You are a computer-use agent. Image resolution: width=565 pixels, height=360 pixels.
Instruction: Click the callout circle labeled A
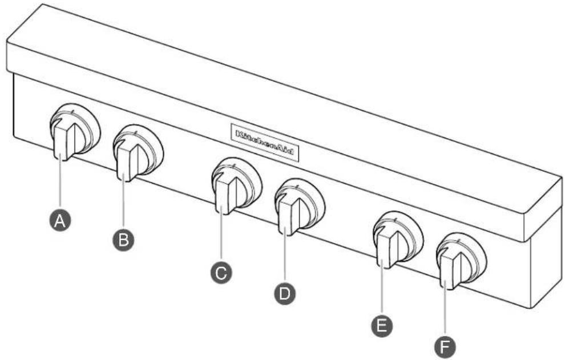click(60, 221)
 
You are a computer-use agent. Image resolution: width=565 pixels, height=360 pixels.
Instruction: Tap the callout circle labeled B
click(123, 240)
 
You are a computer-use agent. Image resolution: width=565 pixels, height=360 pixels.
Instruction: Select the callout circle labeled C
click(221, 273)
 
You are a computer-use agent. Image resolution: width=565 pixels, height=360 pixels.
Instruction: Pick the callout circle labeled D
click(285, 293)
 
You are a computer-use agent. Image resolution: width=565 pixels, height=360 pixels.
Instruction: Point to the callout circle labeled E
click(382, 326)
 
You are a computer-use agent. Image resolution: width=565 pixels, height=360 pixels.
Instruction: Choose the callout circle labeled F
click(445, 347)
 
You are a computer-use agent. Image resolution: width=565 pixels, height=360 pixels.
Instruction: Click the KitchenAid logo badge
click(264, 142)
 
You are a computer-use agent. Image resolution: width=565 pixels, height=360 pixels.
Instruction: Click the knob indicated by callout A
click(74, 132)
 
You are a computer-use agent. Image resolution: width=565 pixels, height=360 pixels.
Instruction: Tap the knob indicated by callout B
click(138, 153)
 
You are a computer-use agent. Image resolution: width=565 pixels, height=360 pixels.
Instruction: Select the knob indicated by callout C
click(236, 186)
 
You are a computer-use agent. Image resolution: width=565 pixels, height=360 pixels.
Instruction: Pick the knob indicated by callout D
click(300, 207)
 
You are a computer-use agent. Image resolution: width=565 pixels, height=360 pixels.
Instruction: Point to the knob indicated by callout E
click(397, 240)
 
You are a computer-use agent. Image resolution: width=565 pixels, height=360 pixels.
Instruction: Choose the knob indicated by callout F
click(461, 261)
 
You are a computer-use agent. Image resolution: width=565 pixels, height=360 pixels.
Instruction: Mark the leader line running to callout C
click(221, 238)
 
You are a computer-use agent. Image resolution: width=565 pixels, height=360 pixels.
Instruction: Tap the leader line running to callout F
click(445, 312)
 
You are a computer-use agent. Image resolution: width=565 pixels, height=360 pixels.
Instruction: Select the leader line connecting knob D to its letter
click(285, 259)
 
